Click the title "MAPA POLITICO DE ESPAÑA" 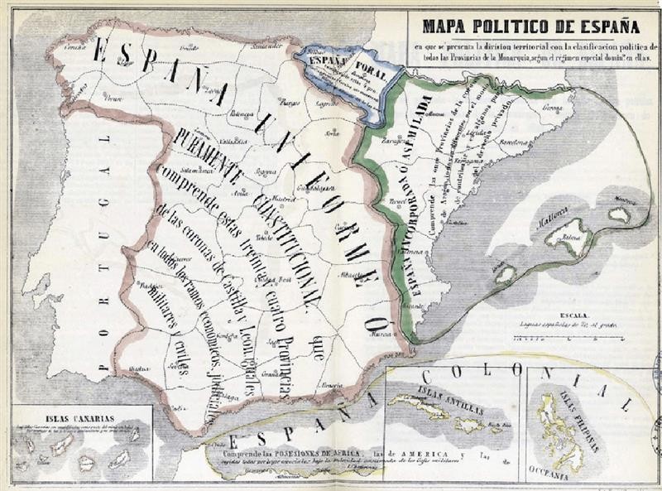[535, 25]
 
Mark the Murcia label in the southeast [381, 335]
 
